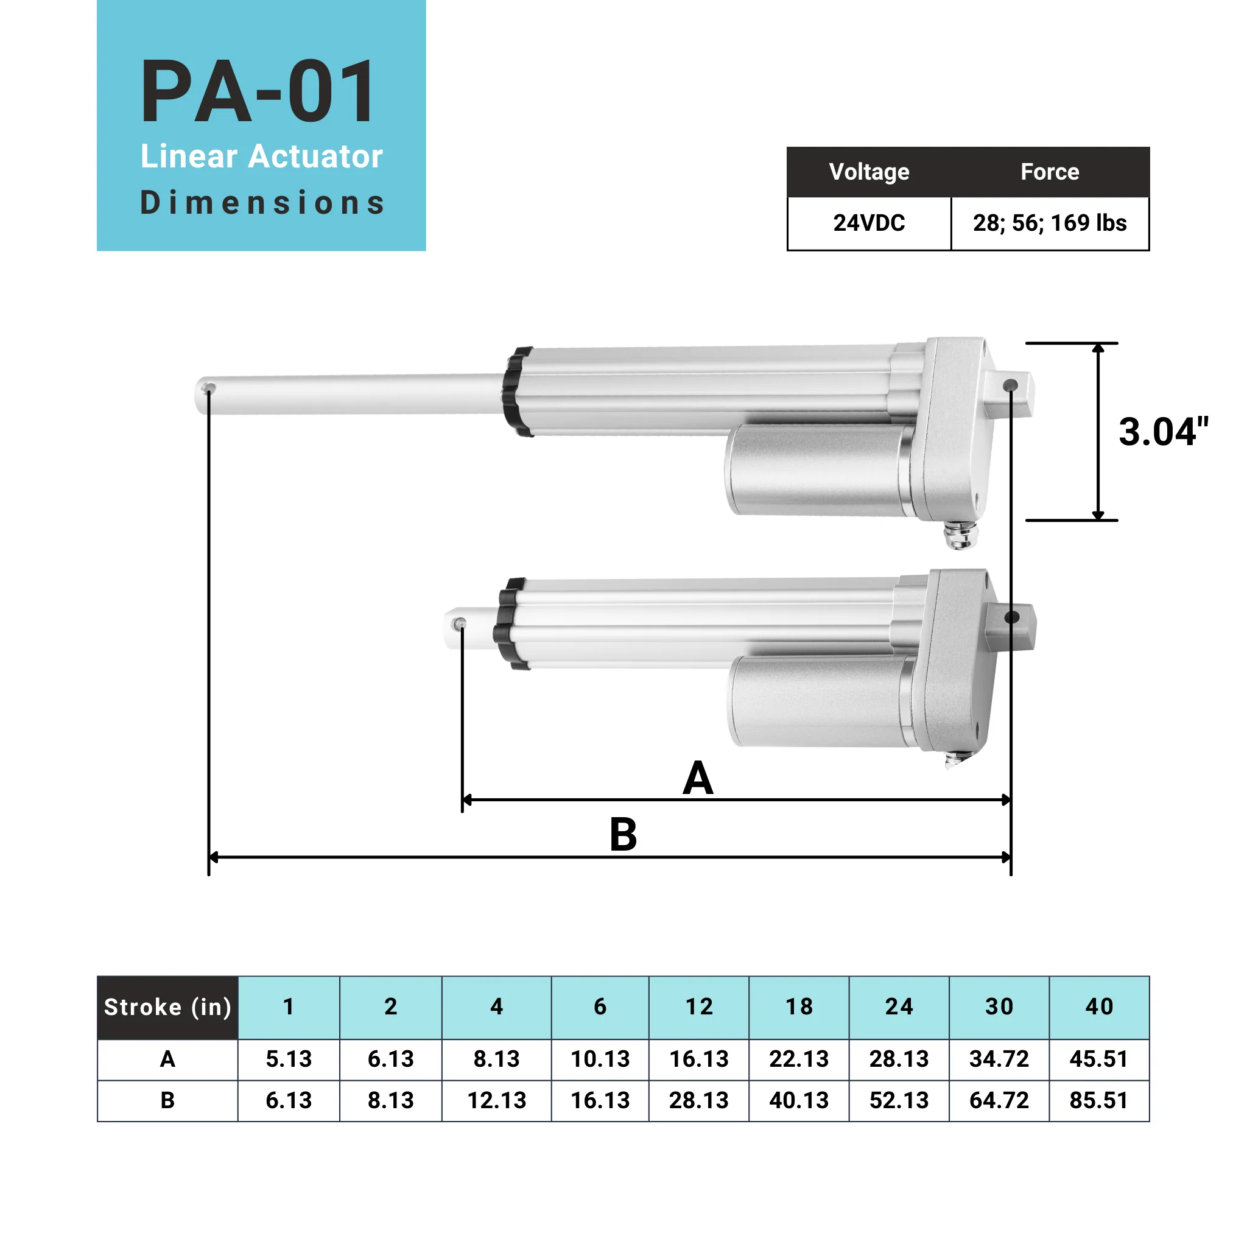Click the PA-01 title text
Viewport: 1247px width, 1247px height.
coord(258,92)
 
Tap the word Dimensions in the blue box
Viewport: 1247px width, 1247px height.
coord(262,203)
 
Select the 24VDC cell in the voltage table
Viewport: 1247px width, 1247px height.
coord(869,223)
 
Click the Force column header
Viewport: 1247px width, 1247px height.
coord(1050,172)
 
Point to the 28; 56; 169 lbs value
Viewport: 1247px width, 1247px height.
coord(1050,223)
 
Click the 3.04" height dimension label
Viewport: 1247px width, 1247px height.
coord(1162,432)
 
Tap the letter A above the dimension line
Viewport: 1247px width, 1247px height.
coord(698,778)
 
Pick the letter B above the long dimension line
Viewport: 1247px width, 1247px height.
coord(623,835)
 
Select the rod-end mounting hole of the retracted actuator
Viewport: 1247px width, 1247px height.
coord(460,623)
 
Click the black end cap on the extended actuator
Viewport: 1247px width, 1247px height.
coord(517,392)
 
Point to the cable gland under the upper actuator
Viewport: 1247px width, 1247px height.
coord(960,536)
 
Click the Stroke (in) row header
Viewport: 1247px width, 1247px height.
coord(168,1008)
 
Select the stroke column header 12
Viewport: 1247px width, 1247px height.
coord(698,1007)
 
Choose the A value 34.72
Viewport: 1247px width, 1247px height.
coord(999,1059)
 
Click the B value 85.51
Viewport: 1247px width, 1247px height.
coord(1098,1100)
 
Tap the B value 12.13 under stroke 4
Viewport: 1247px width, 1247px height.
coord(496,1100)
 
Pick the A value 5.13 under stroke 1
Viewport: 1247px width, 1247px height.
coord(289,1059)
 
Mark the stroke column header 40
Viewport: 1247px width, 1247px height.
coord(1098,1007)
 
